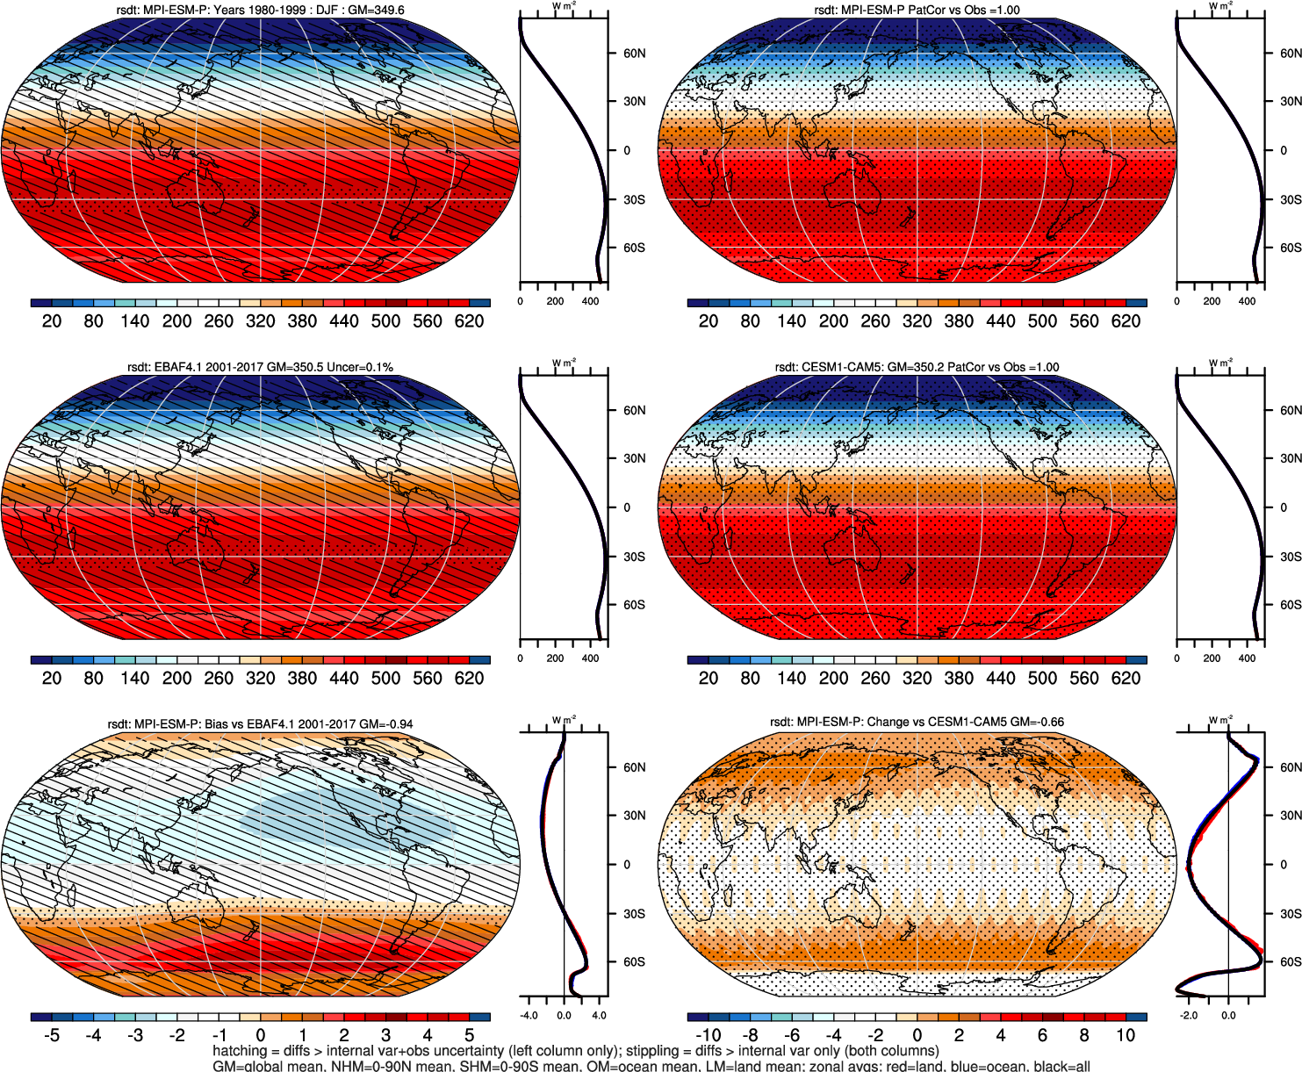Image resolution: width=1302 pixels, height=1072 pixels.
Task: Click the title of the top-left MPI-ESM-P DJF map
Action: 260,10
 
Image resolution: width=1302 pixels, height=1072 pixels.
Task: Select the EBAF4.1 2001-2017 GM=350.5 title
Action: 260,367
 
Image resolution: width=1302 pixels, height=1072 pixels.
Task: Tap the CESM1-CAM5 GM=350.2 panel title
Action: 917,367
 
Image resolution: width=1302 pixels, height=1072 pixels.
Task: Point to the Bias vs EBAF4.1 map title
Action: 260,724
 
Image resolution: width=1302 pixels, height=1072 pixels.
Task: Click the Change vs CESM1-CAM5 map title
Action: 917,722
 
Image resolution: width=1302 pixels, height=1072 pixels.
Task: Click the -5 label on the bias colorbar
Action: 52,1035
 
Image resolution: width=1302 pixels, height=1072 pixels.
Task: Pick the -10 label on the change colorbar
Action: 708,1035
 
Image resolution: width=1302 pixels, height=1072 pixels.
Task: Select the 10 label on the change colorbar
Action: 1126,1035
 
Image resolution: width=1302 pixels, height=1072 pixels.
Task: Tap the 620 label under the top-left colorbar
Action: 469,320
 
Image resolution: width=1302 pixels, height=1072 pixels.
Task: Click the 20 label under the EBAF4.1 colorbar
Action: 52,678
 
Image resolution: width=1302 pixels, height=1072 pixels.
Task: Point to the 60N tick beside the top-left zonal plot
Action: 634,53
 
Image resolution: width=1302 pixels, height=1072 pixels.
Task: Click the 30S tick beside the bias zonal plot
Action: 634,913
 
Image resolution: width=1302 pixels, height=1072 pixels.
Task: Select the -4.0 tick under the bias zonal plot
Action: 529,1016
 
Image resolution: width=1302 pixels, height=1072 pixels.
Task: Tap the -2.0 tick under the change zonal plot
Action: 1189,1016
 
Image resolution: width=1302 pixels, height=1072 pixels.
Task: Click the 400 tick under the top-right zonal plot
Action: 1247,301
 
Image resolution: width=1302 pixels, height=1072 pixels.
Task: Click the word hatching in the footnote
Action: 239,1051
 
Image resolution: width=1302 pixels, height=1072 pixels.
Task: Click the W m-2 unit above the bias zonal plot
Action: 564,720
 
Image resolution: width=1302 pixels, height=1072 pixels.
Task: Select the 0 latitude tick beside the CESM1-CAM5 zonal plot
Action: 1284,507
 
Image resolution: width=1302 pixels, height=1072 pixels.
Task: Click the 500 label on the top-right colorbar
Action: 1042,320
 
